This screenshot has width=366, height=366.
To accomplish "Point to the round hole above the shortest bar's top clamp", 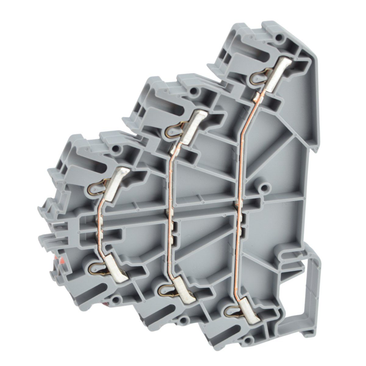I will point(116,149).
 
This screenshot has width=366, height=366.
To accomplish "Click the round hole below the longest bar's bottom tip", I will point(250,338).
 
